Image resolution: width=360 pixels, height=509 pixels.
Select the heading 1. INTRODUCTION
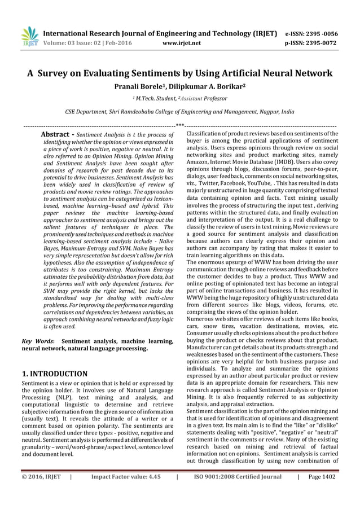[54, 374]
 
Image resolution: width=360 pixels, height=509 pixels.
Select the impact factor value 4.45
[150, 492]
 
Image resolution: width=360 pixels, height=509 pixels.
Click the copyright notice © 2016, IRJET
[42, 492]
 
